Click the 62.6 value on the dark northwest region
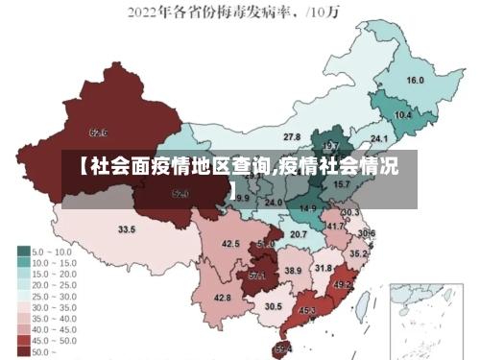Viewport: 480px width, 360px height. [98, 132]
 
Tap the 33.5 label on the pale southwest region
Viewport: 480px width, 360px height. [127, 229]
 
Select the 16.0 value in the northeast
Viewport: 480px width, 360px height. [416, 81]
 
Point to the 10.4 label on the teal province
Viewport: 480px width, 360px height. [403, 115]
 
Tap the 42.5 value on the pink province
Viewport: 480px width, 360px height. [230, 244]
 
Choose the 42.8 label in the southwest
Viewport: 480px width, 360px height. [223, 299]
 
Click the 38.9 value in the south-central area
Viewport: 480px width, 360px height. [293, 272]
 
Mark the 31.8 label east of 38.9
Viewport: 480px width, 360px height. [324, 268]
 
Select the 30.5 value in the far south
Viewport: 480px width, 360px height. [274, 306]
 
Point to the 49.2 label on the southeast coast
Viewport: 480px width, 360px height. [343, 285]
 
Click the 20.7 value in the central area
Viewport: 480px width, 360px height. [300, 233]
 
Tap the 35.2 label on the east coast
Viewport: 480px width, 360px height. [357, 254]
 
